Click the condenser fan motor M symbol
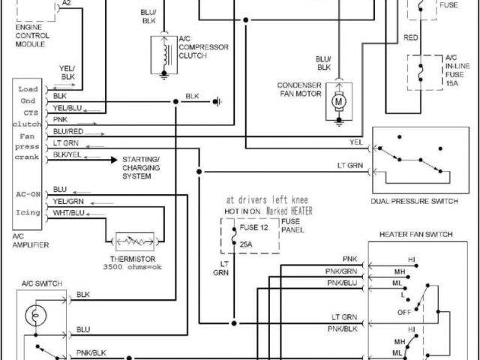click(x=337, y=101)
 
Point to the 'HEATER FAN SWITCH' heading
click(x=417, y=235)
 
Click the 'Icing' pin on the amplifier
click(x=28, y=212)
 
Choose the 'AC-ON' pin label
click(x=27, y=193)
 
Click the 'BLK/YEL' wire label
click(x=67, y=154)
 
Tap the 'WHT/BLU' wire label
click(x=68, y=213)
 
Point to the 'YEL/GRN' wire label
click(x=68, y=201)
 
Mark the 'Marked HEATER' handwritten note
click(x=289, y=211)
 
